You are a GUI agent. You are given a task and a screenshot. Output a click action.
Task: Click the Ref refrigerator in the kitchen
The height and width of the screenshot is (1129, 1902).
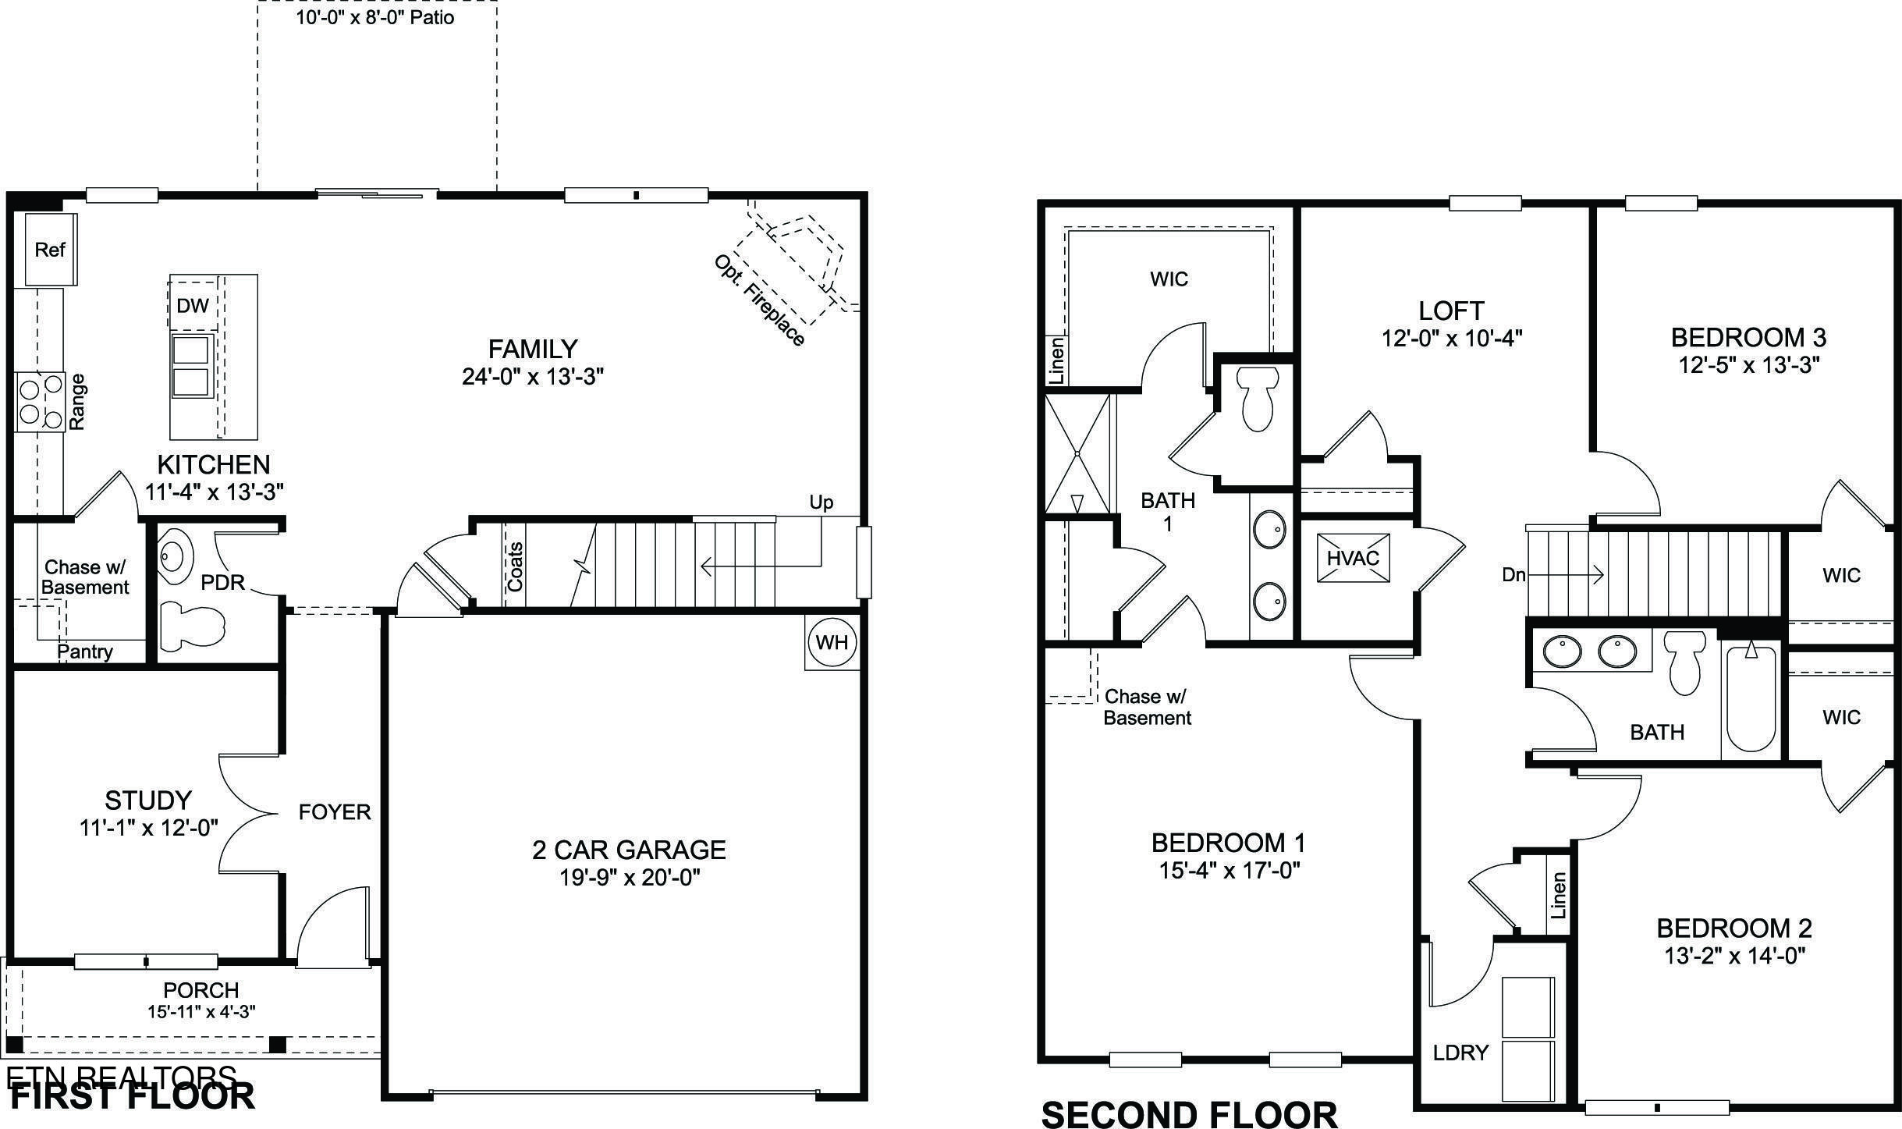(50, 250)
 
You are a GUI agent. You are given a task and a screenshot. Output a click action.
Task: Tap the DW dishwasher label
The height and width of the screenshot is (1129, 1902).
(193, 305)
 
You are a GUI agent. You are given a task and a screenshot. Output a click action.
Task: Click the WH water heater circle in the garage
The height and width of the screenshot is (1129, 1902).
(832, 643)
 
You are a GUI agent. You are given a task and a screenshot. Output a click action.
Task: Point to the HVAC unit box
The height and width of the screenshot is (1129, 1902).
(1353, 558)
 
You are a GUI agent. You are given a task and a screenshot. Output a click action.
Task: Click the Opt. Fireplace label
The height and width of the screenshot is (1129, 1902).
(758, 300)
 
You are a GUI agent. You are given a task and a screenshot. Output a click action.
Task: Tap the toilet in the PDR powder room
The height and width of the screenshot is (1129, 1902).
(191, 624)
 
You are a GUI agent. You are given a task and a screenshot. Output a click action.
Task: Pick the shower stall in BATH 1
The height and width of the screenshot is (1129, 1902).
(1077, 454)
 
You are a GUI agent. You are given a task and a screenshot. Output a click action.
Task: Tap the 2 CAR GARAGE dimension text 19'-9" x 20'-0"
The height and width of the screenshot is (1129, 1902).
(630, 878)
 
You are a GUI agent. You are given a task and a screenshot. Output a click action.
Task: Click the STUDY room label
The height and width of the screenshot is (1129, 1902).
(148, 801)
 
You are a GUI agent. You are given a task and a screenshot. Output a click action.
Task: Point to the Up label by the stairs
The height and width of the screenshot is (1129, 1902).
(821, 502)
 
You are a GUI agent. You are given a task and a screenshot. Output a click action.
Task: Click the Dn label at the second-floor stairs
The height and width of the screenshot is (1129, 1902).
(1513, 575)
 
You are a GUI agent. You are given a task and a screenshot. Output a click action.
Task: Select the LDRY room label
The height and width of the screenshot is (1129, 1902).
(1460, 1053)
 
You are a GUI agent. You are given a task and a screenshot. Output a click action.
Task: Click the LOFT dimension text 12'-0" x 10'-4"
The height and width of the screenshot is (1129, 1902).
(1451, 338)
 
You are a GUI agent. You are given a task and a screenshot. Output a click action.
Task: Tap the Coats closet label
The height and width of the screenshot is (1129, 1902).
(515, 566)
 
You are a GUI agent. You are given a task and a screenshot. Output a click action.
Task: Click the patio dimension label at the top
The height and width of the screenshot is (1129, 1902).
(375, 17)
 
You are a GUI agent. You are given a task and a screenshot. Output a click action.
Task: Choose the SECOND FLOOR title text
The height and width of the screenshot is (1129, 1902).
(1189, 1114)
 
